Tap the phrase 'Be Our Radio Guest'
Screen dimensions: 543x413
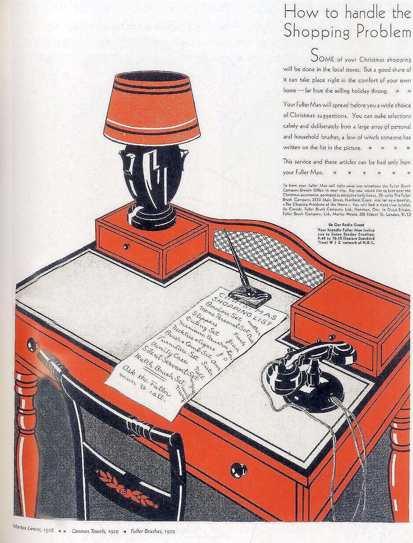pos(346,224)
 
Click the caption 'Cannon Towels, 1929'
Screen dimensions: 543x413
pos(95,531)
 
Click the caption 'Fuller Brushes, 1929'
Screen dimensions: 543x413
pos(152,531)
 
